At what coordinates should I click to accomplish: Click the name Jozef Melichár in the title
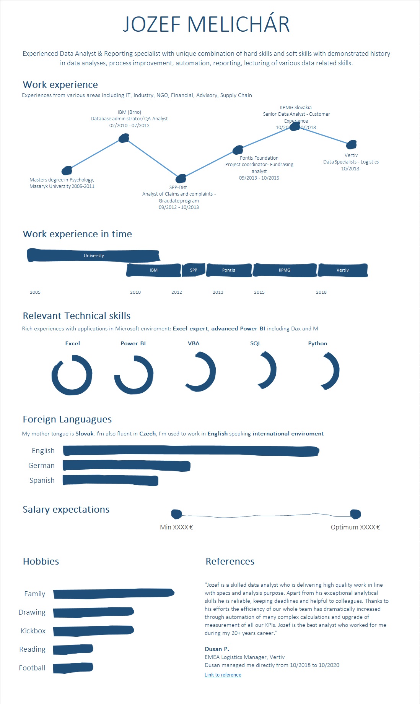206,24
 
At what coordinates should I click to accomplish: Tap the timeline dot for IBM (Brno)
124,138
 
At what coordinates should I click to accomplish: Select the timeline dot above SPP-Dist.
181,178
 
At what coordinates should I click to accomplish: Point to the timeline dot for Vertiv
351,144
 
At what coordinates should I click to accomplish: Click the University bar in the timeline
94,256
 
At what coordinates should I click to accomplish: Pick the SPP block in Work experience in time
194,270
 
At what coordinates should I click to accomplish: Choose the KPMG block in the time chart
285,270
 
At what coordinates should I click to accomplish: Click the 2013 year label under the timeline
218,292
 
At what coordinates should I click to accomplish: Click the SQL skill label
256,343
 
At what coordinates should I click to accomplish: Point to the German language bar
126,466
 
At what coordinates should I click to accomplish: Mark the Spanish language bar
110,480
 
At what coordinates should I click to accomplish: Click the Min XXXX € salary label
176,527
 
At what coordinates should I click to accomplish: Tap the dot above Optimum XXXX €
355,514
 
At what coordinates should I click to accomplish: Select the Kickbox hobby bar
93,631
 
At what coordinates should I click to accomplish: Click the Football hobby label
32,668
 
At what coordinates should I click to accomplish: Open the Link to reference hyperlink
223,675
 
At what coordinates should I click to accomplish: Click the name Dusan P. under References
217,649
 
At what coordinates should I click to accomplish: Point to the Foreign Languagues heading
67,419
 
